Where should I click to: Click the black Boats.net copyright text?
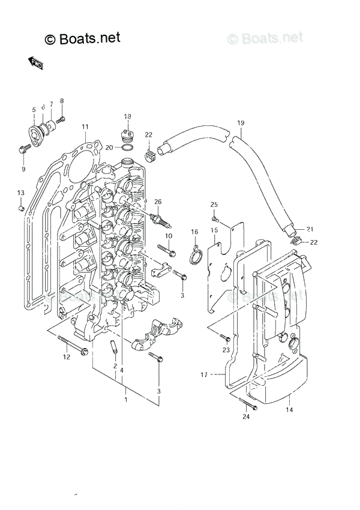coord(83,38)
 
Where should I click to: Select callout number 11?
coord(85,127)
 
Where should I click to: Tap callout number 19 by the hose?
coord(241,124)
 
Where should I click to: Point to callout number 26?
coord(158,201)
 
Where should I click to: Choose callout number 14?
coord(289,410)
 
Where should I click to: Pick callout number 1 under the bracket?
coord(125,398)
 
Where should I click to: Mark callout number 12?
coord(67,357)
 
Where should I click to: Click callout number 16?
coord(194,232)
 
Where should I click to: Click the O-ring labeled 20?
coord(127,147)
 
